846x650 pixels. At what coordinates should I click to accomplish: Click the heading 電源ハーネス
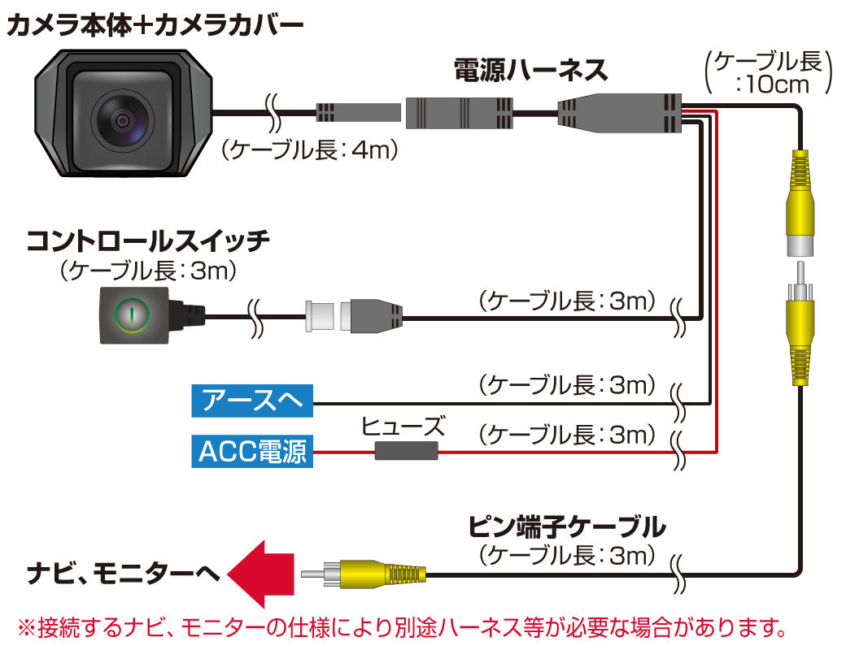tap(530, 71)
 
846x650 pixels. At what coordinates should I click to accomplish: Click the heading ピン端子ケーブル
tap(567, 527)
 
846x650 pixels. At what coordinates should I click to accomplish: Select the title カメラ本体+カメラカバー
tap(155, 25)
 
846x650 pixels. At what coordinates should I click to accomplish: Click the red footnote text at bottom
tap(403, 628)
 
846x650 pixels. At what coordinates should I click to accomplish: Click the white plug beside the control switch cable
tap(320, 315)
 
